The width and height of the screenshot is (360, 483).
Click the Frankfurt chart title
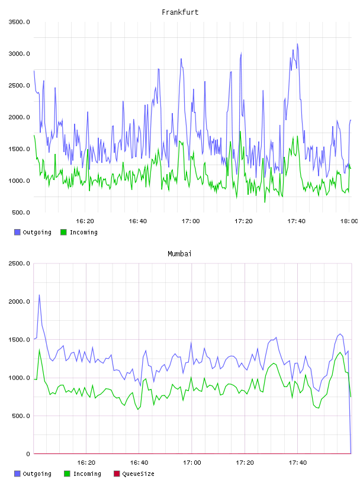[x=180, y=12]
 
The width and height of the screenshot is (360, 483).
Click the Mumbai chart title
[x=179, y=254]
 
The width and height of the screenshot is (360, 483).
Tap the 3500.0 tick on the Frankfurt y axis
[x=20, y=22]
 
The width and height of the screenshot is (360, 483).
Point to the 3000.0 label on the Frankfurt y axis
[x=20, y=54]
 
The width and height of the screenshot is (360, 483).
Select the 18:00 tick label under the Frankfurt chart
[x=349, y=221]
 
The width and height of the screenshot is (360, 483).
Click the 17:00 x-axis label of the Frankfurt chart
[x=191, y=221]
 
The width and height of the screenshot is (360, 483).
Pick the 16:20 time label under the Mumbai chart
[x=86, y=463]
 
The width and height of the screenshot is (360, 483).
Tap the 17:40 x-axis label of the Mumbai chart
[x=298, y=463]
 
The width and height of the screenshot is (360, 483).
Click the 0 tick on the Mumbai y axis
[x=28, y=454]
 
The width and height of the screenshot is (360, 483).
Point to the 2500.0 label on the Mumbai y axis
[x=20, y=263]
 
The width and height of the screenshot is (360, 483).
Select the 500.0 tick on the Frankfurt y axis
[x=21, y=212]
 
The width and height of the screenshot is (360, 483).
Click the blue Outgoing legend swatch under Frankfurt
[x=17, y=232]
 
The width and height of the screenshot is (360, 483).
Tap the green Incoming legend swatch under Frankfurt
[x=63, y=232]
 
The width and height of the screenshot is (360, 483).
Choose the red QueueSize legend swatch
[x=117, y=474]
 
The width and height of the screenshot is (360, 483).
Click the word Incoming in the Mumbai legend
[x=87, y=474]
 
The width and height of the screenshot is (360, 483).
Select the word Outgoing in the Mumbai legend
[x=37, y=474]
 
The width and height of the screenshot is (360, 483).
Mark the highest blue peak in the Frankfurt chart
[x=297, y=44]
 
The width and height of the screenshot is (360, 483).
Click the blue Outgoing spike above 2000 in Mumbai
[x=39, y=295]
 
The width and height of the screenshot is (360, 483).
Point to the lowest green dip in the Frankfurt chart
[x=265, y=202]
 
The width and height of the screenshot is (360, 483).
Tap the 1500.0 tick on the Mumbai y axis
[x=20, y=339]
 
